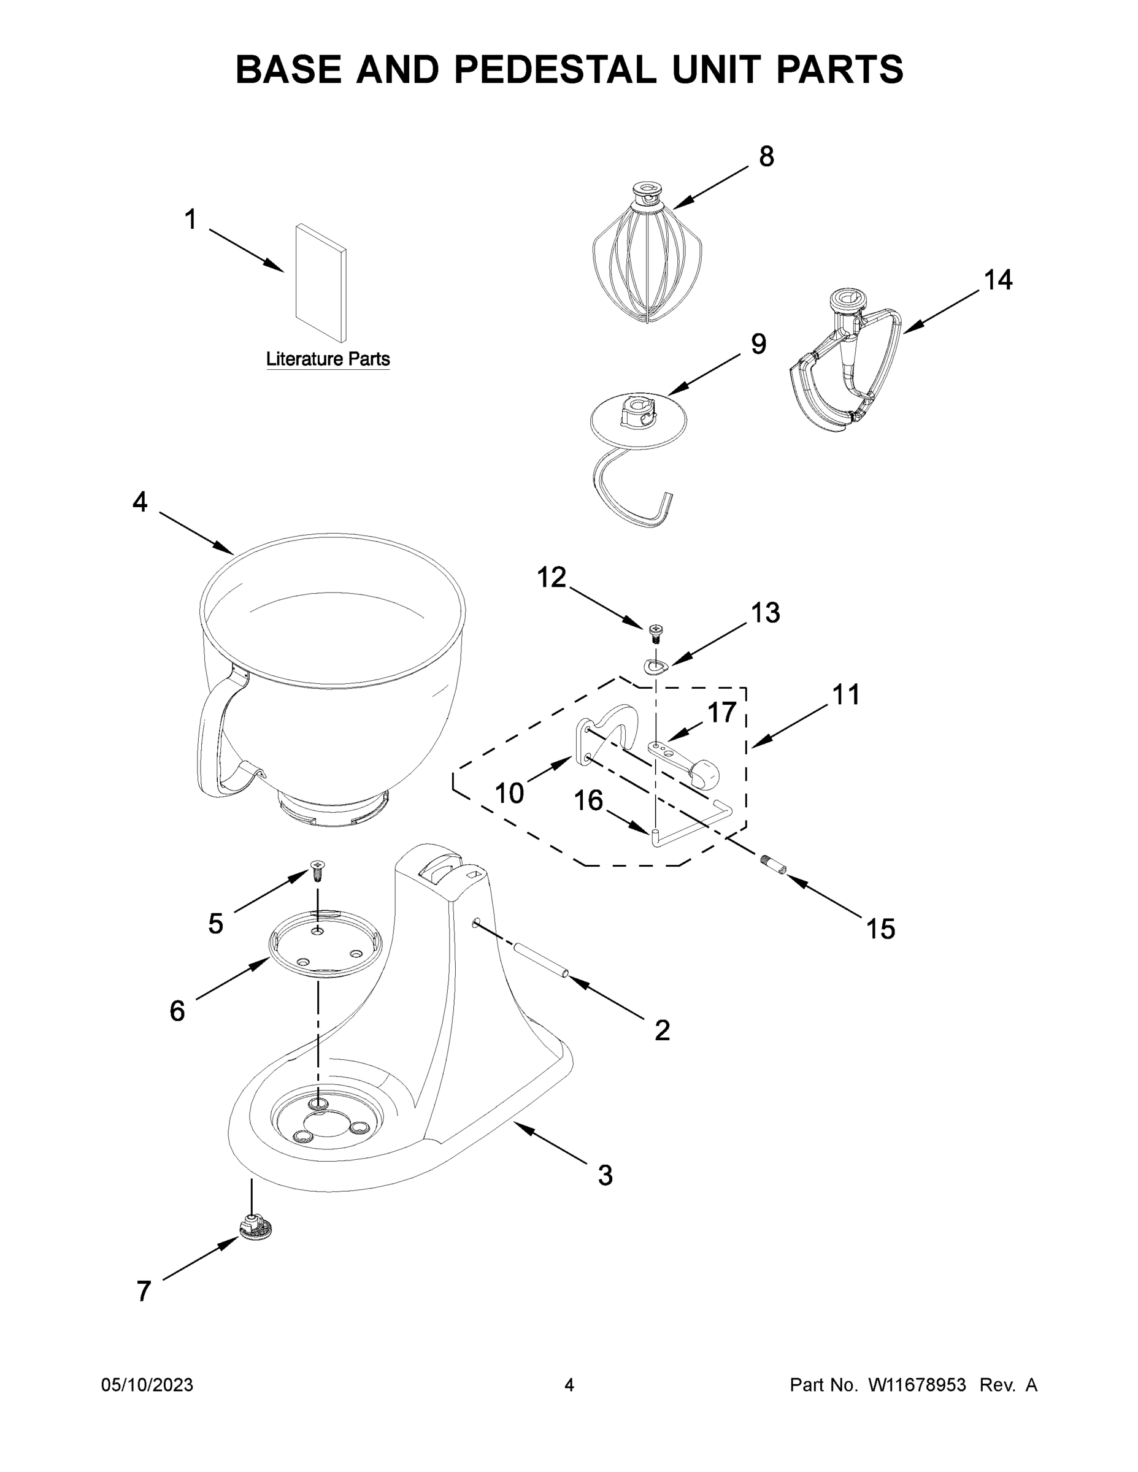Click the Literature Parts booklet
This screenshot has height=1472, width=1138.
click(321, 284)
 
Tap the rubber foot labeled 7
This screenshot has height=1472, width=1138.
click(255, 1229)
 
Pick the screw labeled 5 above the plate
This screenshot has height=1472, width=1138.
click(316, 868)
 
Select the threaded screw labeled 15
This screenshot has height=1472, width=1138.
click(773, 864)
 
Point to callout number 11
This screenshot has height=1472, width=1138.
click(845, 695)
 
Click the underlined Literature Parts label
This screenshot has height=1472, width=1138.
click(328, 359)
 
